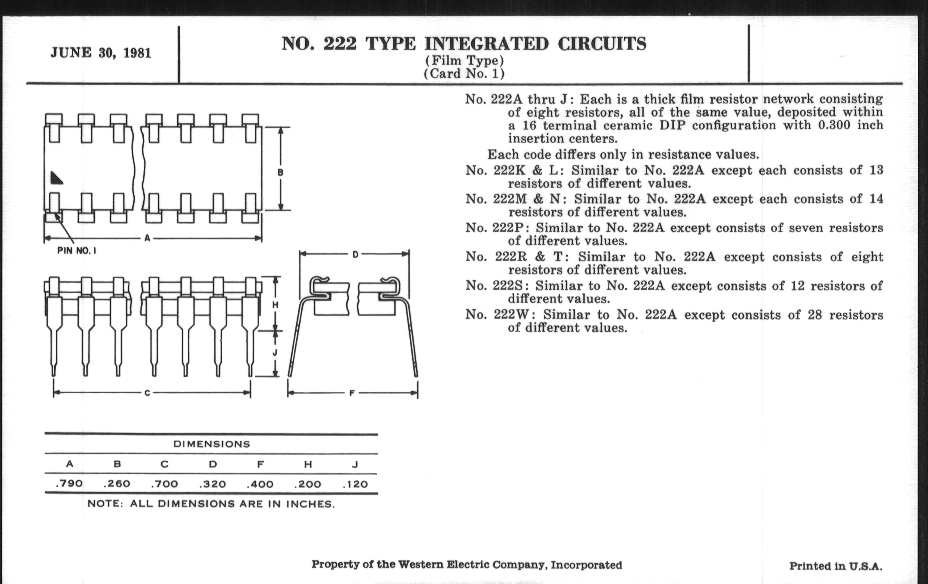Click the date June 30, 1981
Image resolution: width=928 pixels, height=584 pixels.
[x=101, y=53]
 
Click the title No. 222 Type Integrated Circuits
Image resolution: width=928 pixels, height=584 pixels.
[x=464, y=44]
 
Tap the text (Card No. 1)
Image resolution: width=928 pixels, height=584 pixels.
[x=464, y=73]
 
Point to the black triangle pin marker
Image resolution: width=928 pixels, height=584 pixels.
[x=56, y=178]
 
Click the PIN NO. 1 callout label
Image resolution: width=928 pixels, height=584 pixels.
[x=76, y=250]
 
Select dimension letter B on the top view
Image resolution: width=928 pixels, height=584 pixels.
[x=280, y=172]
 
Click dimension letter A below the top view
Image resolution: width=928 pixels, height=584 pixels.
[x=147, y=239]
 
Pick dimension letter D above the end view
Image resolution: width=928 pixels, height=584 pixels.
[x=355, y=255]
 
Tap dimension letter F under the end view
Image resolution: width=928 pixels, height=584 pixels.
[x=351, y=394]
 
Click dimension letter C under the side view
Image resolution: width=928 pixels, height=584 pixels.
[x=147, y=394]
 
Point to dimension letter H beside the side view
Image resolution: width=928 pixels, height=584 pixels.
[x=275, y=305]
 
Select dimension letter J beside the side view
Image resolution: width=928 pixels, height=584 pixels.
[x=275, y=353]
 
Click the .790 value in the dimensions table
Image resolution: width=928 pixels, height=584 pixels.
[x=69, y=483]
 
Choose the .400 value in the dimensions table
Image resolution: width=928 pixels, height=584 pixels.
[x=260, y=484]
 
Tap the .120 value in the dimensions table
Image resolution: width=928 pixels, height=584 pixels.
[x=355, y=484]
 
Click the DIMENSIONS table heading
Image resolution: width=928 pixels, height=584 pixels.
[x=211, y=444]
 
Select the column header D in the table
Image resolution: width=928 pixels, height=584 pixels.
[x=213, y=464]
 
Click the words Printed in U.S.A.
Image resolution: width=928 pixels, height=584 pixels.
[x=836, y=566]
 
